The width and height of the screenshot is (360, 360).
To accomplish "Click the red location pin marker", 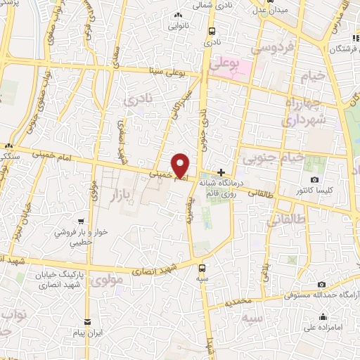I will point(181,165).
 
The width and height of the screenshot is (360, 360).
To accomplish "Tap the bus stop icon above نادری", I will point(212,31).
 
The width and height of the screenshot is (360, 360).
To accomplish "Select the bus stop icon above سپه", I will point(202,267).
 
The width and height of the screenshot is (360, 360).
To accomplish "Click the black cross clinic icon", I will point(221,172).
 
